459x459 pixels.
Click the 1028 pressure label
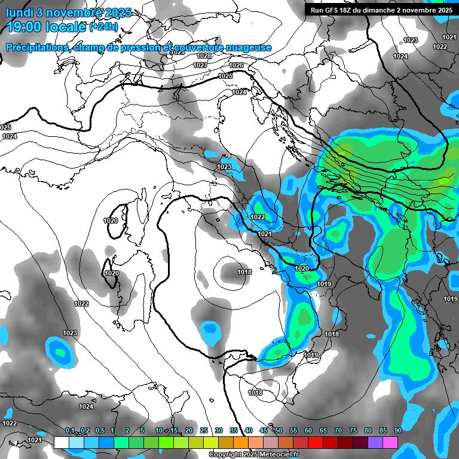click(x=203, y=56)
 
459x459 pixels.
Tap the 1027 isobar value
click(x=201, y=65)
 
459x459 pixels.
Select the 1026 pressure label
click(x=236, y=65)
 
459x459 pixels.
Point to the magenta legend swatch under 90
click(x=390, y=442)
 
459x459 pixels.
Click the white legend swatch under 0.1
click(x=62, y=442)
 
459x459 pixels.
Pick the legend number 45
click(x=264, y=430)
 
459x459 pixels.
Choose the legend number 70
click(x=338, y=430)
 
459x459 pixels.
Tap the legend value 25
click(x=204, y=430)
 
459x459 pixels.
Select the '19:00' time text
click(x=27, y=27)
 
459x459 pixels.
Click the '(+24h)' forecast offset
click(x=103, y=27)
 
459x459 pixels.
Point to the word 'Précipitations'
click(x=36, y=47)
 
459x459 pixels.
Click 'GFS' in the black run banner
click(x=335, y=10)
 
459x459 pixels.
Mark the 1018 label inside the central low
click(x=244, y=272)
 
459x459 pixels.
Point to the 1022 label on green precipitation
click(x=258, y=217)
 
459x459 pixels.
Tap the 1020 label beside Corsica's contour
click(x=111, y=221)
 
